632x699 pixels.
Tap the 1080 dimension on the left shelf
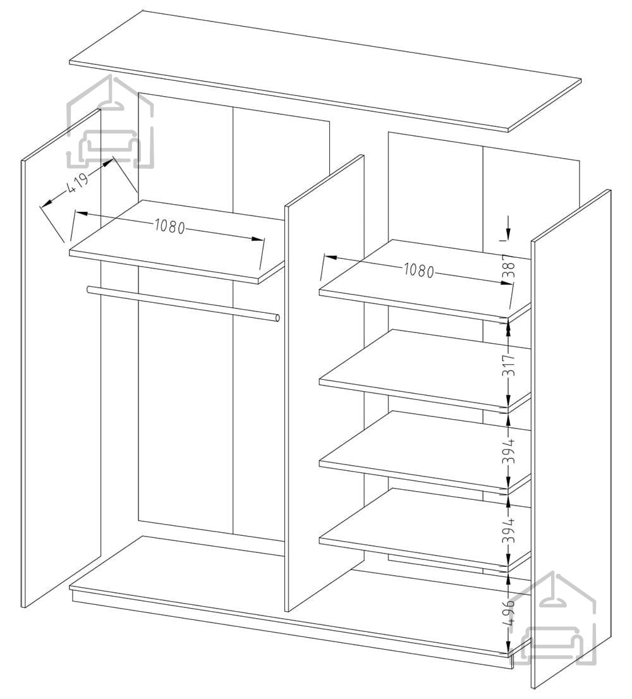(170, 226)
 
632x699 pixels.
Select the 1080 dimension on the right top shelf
(418, 270)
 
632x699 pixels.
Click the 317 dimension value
(510, 365)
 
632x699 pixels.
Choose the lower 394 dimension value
(510, 530)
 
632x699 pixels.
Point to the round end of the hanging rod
(277, 318)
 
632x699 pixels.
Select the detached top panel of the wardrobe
(325, 71)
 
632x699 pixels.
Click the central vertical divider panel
(324, 384)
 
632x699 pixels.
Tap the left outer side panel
(61, 358)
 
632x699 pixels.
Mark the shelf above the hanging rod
(177, 241)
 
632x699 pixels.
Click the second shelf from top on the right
(425, 370)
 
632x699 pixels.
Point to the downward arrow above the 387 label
(509, 228)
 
